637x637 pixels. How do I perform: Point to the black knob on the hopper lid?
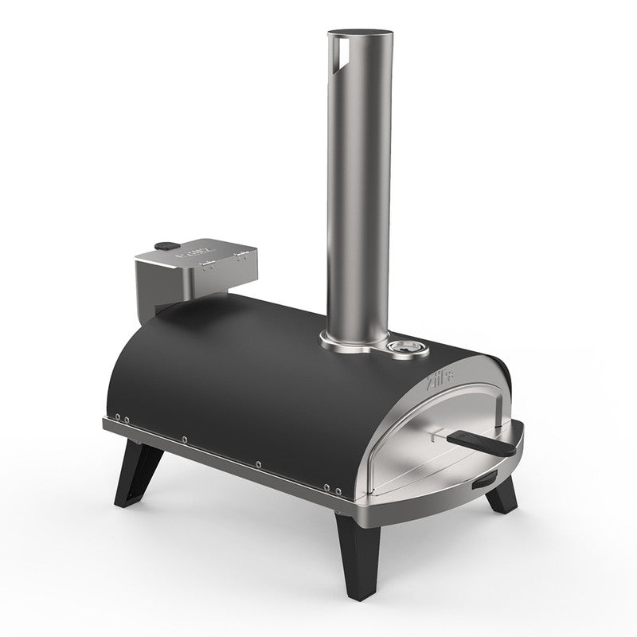pos(164,247)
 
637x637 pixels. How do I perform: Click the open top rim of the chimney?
pos(359,33)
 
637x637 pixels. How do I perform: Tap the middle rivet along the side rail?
pos(185,439)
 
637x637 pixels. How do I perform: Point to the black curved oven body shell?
pos(263,374)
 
